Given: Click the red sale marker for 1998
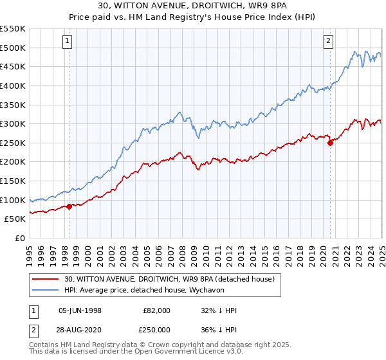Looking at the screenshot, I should [69, 206].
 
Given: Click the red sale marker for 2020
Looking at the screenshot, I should [330, 143].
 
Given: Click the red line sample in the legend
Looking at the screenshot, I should [46, 279].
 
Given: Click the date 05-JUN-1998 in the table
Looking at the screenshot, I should [79, 310].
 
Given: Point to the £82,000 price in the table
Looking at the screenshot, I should [157, 310].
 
